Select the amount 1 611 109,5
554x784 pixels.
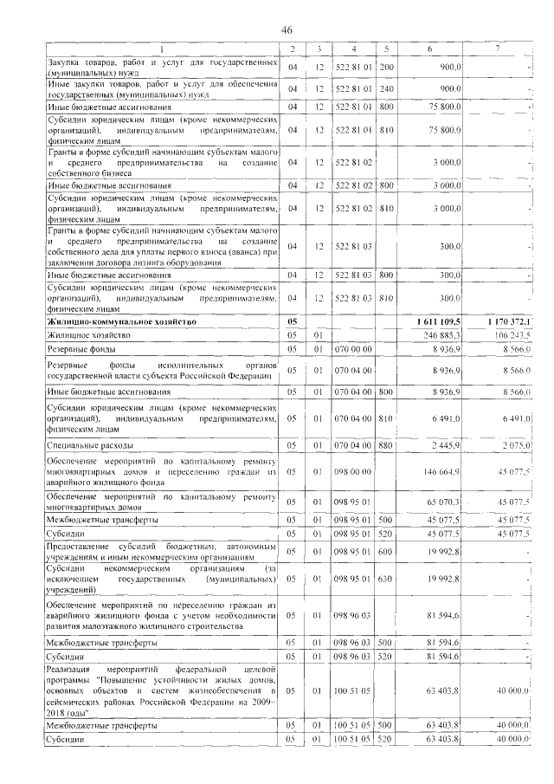pos(441,321)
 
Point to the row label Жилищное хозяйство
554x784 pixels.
pos(87,334)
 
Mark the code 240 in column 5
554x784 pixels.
pos(386,88)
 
